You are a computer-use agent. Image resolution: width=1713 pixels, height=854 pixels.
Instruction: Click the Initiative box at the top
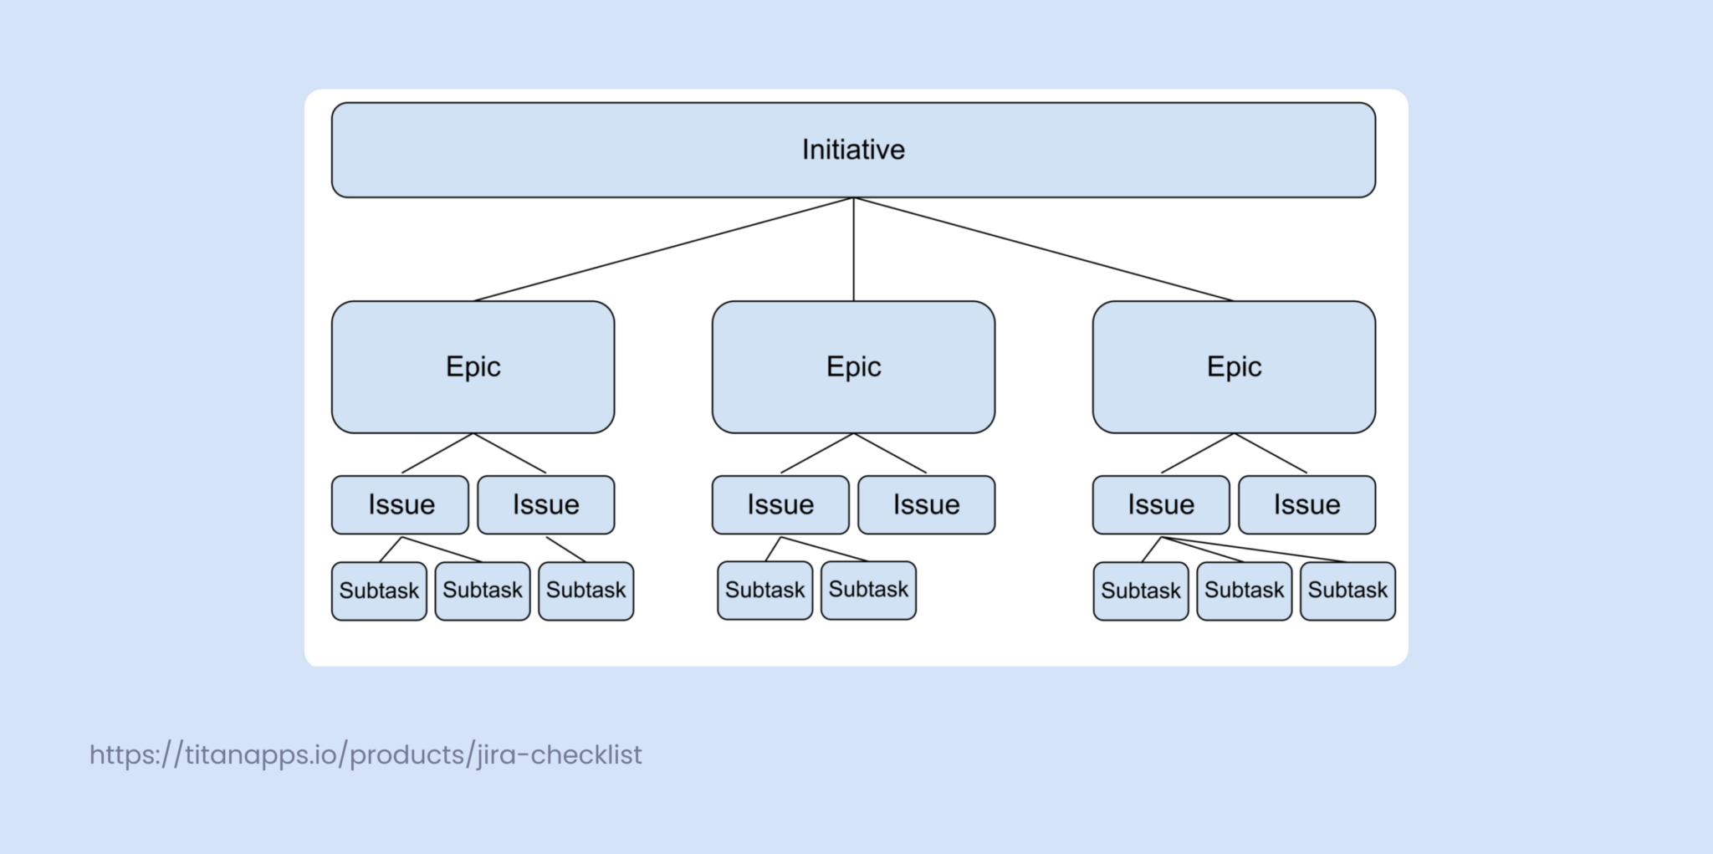tap(853, 150)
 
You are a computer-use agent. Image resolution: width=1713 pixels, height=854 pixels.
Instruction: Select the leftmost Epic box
tap(473, 366)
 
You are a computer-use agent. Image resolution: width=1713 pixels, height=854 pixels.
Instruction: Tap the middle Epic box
tap(853, 366)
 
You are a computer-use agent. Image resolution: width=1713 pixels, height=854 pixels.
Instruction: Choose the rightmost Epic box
tap(1234, 366)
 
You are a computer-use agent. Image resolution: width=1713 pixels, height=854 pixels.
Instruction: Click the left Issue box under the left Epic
tap(400, 504)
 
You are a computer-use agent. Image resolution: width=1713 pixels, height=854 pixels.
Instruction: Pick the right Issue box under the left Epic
tap(545, 504)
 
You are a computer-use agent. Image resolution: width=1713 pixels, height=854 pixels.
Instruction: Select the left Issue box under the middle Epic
tap(780, 504)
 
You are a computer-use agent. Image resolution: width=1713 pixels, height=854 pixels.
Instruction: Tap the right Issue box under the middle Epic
tap(926, 504)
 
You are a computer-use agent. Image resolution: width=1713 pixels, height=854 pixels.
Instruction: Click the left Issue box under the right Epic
tap(1161, 504)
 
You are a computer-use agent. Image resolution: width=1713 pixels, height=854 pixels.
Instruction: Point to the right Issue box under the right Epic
tap(1306, 504)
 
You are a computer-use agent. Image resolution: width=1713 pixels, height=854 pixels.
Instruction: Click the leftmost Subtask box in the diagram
tap(379, 591)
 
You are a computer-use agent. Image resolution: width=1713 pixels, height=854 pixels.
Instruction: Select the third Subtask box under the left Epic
tap(585, 591)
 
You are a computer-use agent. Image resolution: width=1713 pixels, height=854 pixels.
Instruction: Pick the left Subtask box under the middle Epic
tap(764, 590)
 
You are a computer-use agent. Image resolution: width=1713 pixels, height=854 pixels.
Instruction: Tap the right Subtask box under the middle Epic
tap(868, 590)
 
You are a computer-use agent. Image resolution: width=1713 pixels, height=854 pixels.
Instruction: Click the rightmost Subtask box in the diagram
tap(1347, 591)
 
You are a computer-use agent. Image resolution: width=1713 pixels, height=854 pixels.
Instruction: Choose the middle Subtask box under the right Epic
tap(1244, 591)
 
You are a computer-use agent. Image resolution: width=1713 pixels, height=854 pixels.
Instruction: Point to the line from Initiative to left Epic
tap(663, 249)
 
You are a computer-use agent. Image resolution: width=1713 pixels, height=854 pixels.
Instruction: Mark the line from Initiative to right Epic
tap(1043, 249)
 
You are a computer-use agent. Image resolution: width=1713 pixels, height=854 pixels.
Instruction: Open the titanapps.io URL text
tap(366, 754)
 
